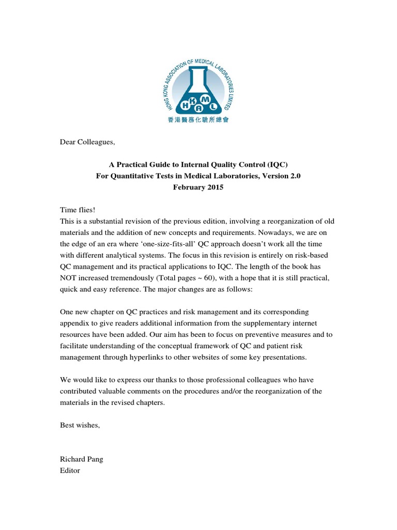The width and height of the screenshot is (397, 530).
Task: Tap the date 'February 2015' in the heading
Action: pos(198,187)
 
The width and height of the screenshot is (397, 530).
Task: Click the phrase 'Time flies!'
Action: pos(78,210)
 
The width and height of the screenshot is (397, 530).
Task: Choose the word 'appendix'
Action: pos(74,323)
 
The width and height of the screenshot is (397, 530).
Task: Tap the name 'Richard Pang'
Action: pos(82,459)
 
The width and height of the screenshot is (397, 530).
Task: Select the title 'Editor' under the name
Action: pos(70,470)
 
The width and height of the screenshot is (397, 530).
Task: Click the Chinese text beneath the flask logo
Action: pos(198,119)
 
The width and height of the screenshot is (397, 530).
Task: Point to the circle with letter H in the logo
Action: pos(185,107)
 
